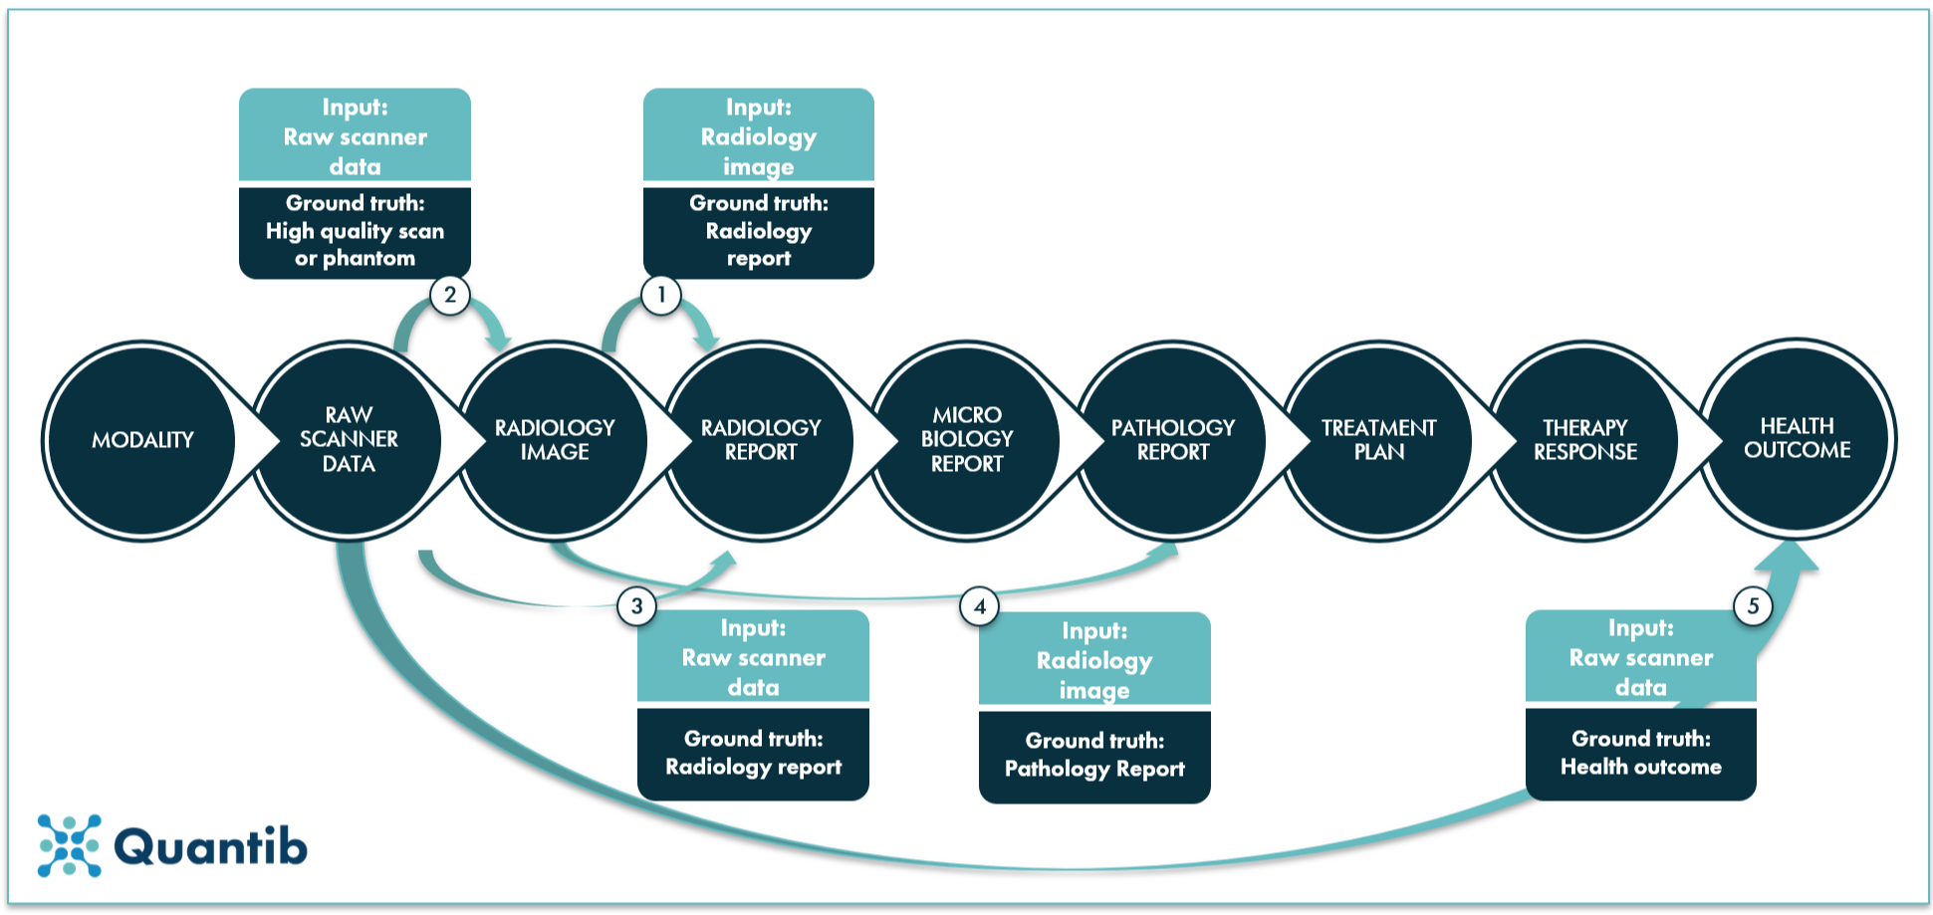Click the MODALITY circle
pyautogui.click(x=142, y=440)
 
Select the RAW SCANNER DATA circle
pyautogui.click(x=349, y=440)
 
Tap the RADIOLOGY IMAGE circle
pyautogui.click(x=555, y=440)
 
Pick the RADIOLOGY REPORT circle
pyautogui.click(x=761, y=440)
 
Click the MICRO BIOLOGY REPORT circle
pyautogui.click(x=967, y=440)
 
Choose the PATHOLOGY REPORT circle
pyautogui.click(x=1173, y=440)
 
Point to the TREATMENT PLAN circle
pyautogui.click(x=1379, y=440)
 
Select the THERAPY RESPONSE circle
pyautogui.click(x=1585, y=440)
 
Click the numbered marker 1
pyautogui.click(x=661, y=295)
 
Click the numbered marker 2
pyautogui.click(x=450, y=295)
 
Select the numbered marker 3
pyautogui.click(x=636, y=605)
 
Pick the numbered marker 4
pyautogui.click(x=979, y=606)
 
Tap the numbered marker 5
pyautogui.click(x=1753, y=605)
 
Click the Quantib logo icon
pyautogui.click(x=69, y=845)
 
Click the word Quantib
pyautogui.click(x=210, y=847)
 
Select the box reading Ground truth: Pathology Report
pyautogui.click(x=1094, y=756)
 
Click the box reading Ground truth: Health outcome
pyautogui.click(x=1640, y=754)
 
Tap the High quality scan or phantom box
pyautogui.click(x=355, y=232)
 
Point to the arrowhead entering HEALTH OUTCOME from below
pyautogui.click(x=1788, y=564)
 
